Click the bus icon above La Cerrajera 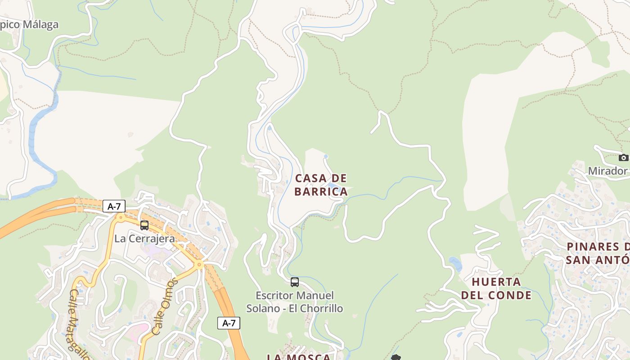[144, 225]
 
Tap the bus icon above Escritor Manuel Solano [295, 282]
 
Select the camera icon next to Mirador [623, 157]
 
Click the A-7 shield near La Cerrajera [114, 207]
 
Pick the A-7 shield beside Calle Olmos [229, 323]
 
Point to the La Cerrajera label [144, 238]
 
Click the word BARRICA [321, 192]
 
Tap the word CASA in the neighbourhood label [308, 178]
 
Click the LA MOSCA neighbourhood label [299, 357]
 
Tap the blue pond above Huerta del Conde [455, 264]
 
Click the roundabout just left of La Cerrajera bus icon [120, 217]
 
